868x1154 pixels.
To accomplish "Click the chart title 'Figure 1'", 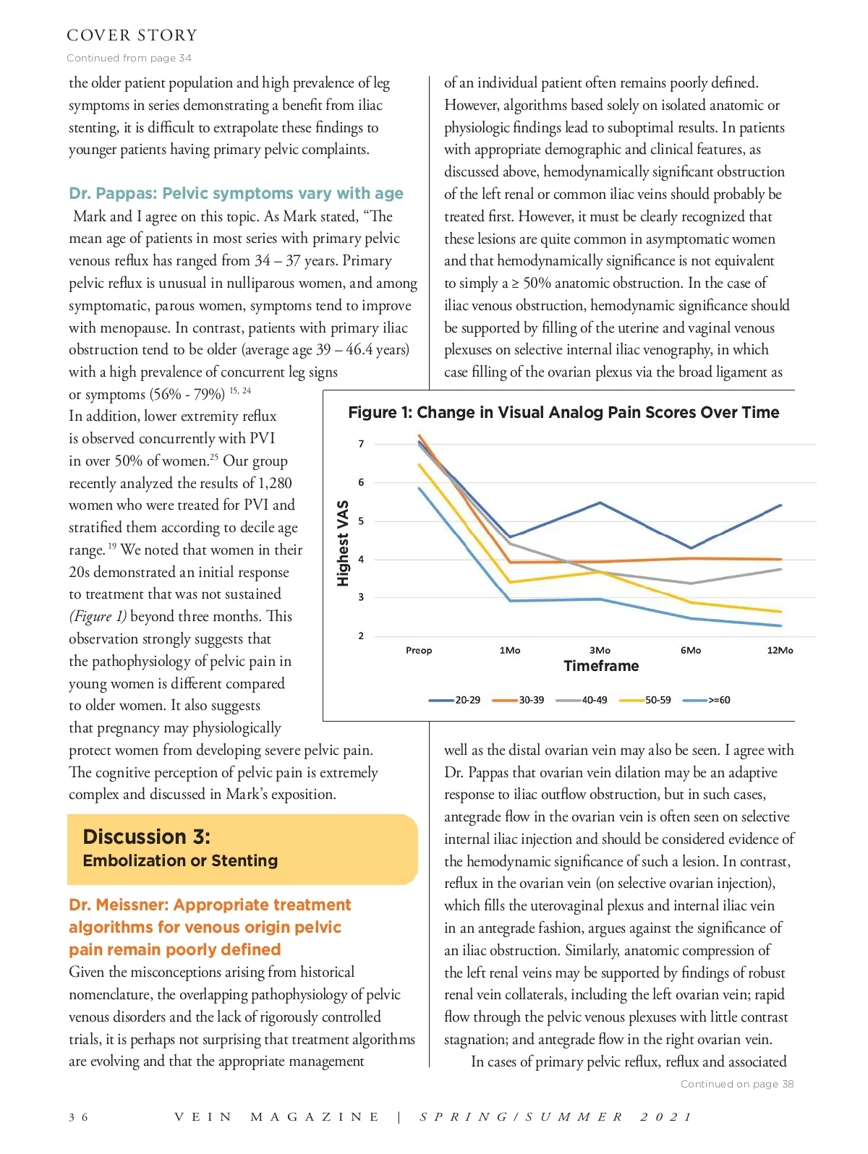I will coord(563,412).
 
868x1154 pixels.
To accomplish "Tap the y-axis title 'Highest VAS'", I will coord(343,542).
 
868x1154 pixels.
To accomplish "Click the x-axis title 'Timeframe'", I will coord(601,666).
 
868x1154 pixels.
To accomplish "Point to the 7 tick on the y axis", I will coord(361,444).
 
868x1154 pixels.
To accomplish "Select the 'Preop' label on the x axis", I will coord(419,650).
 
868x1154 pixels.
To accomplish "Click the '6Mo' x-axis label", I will coord(691,650).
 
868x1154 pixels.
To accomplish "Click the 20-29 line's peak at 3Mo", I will coord(600,503).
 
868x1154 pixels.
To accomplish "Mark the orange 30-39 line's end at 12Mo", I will coord(781,559).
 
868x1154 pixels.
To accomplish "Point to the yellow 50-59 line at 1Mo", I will coord(511,582).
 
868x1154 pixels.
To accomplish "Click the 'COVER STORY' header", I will coord(132,35).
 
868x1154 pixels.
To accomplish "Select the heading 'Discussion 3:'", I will coord(147,837).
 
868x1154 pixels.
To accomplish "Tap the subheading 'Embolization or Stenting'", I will coord(180,860).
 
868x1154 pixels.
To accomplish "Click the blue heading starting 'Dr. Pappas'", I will coord(236,193).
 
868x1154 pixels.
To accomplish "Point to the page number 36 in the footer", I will coord(79,1117).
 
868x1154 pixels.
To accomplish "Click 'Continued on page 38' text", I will coord(737,1084).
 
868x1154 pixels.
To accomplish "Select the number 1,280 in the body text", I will coord(275,483).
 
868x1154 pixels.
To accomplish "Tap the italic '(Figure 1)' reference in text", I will coord(98,616).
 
